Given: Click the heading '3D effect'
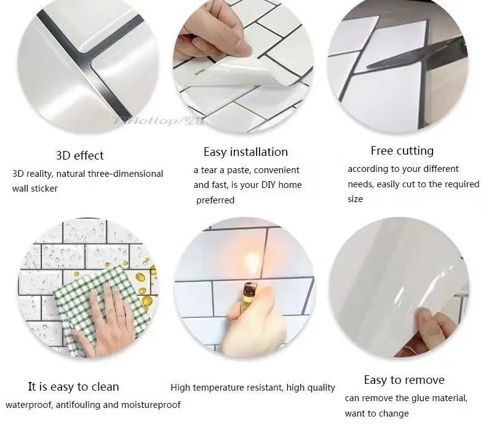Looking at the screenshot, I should [x=79, y=155].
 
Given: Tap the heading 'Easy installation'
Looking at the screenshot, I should [x=245, y=152].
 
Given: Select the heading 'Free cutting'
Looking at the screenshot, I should [x=402, y=150].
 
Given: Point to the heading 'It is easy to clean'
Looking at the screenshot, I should [x=73, y=387].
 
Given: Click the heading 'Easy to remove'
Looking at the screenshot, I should [x=404, y=380].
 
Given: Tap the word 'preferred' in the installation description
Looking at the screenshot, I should [x=215, y=200].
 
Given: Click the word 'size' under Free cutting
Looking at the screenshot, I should [x=355, y=199].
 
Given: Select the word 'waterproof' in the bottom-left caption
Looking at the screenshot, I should [x=28, y=405].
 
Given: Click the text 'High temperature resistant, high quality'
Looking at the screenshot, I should [x=253, y=388].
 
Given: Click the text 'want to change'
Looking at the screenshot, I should [x=376, y=413].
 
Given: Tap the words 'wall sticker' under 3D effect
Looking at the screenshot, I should [x=35, y=189].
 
